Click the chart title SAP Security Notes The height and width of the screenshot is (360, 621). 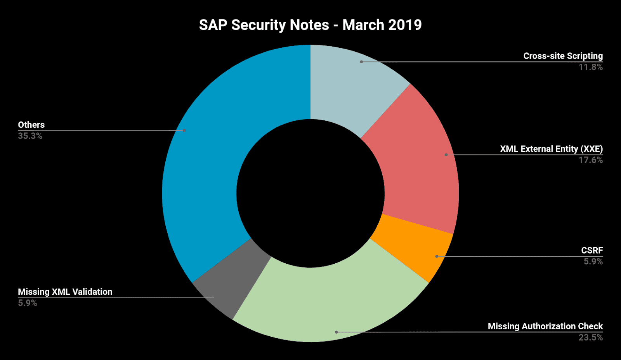click(310, 25)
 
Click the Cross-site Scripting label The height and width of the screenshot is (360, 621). click(563, 56)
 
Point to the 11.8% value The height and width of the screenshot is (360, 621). click(591, 67)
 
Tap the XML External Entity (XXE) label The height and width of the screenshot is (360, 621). click(551, 149)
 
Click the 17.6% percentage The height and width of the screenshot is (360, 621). click(591, 160)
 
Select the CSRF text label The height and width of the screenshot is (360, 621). click(592, 250)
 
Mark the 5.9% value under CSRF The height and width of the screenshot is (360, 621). click(593, 262)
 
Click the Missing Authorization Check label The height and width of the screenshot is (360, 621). click(545, 326)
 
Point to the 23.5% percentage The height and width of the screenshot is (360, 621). click(591, 337)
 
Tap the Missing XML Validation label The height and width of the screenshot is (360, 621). click(65, 292)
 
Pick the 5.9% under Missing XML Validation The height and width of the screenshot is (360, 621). click(28, 303)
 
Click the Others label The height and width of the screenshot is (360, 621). click(31, 125)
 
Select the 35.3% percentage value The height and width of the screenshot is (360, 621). click(30, 136)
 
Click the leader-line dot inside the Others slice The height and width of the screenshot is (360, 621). click(184, 130)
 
